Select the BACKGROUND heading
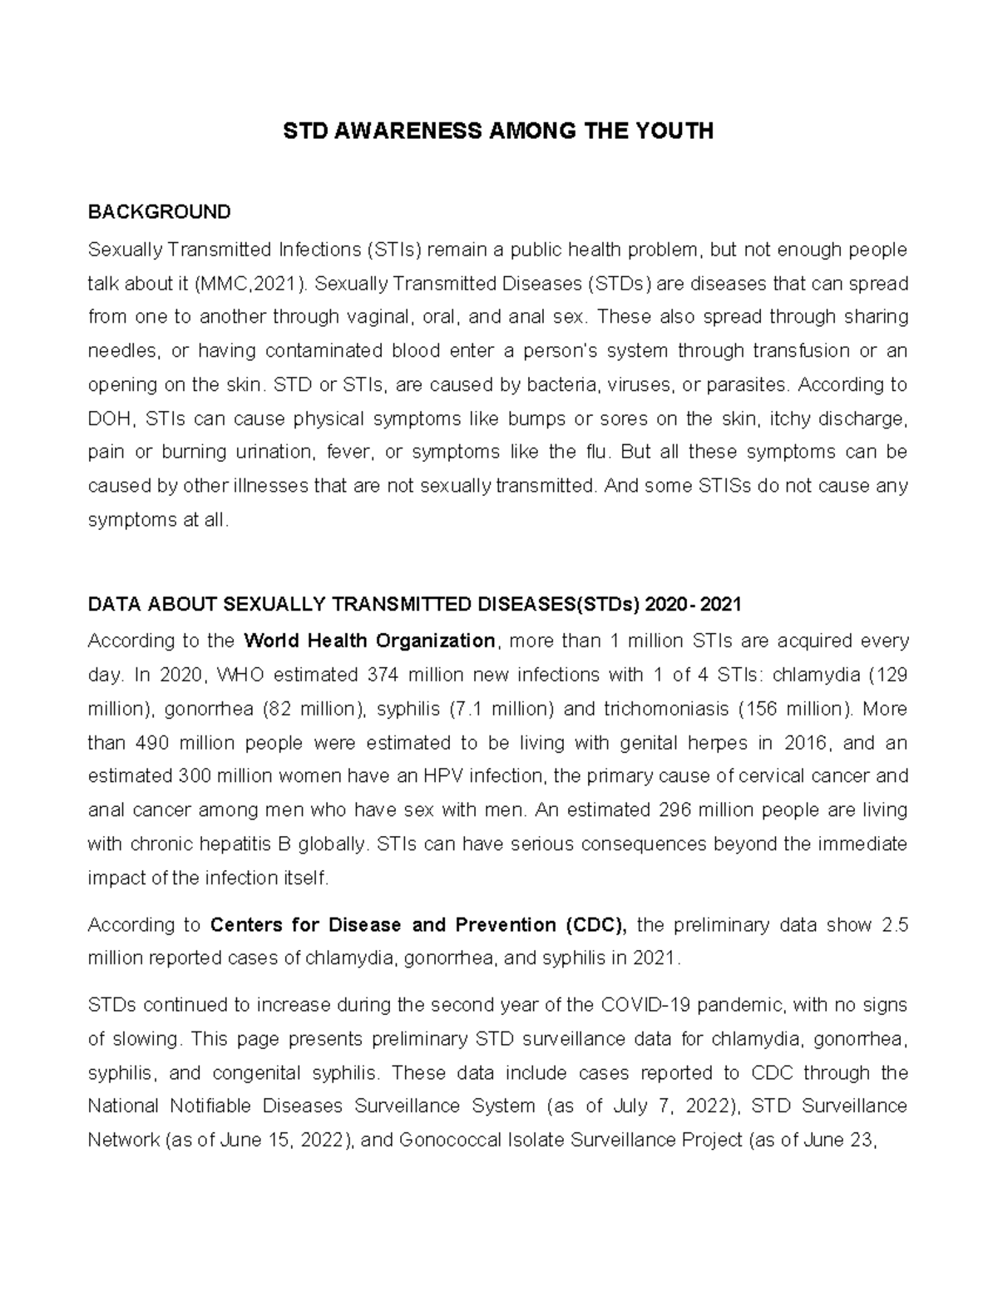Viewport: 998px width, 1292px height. pos(159,212)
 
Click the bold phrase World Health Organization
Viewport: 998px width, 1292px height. pos(370,641)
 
